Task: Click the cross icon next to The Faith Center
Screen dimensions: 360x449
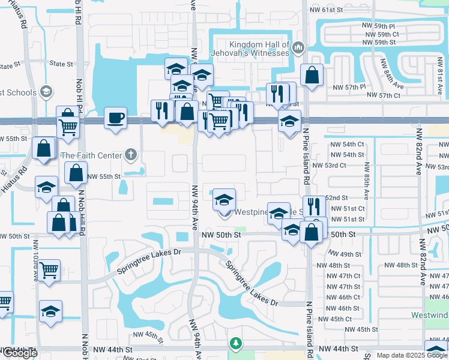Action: pyautogui.click(x=130, y=155)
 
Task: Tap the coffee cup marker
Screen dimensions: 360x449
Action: pyautogui.click(x=115, y=117)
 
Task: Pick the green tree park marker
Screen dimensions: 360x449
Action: pyautogui.click(x=236, y=343)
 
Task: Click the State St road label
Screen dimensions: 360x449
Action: pyautogui.click(x=61, y=64)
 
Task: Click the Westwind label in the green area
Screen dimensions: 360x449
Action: pyautogui.click(x=430, y=315)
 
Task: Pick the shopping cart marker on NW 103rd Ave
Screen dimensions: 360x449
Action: pyautogui.click(x=49, y=269)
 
